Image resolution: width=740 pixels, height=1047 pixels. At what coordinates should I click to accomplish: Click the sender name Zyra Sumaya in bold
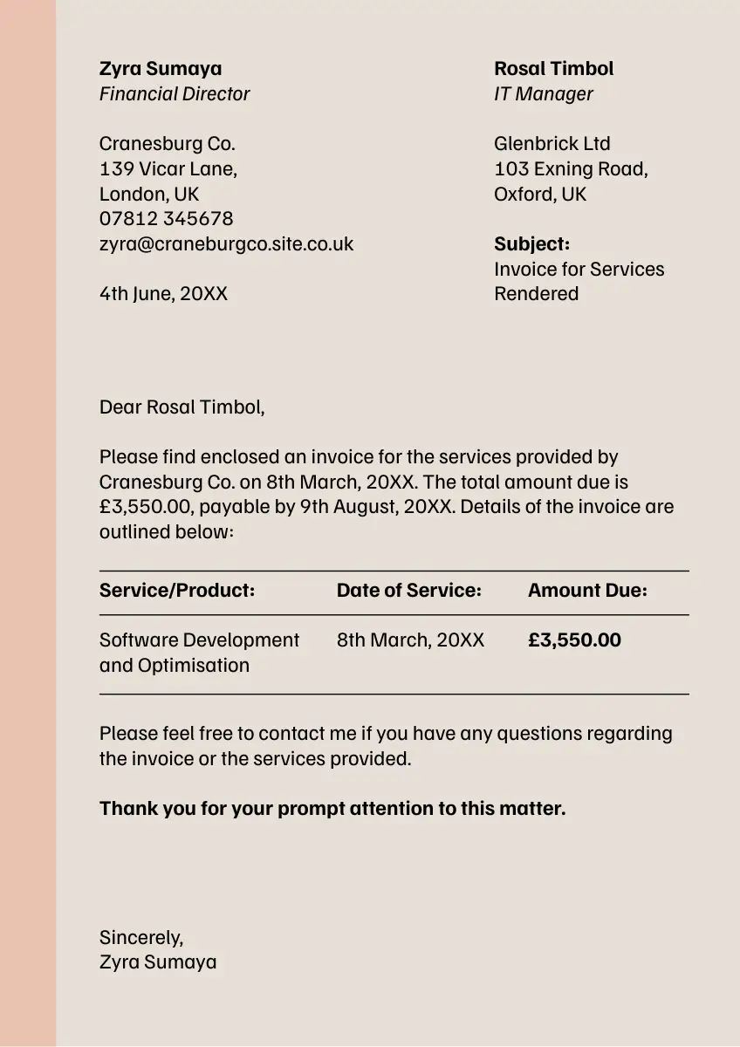161,68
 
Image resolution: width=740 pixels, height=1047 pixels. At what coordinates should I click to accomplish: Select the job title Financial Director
175,93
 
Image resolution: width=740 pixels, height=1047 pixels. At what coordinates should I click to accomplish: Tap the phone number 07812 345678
166,218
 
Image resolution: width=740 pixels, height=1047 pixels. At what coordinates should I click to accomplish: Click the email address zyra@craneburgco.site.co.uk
226,243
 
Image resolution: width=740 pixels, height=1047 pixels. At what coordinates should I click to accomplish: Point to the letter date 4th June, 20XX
163,293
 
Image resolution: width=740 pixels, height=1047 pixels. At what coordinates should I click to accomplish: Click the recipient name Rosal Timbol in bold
553,68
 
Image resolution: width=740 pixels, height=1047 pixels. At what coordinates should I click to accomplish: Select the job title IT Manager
543,93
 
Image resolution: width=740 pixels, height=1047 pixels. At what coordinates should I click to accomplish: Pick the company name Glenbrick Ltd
552,143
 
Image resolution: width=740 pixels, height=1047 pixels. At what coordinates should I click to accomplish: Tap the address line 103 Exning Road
570,168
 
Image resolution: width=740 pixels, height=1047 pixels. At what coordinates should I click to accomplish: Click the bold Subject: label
531,243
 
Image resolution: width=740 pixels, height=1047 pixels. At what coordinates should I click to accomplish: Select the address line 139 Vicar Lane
168,168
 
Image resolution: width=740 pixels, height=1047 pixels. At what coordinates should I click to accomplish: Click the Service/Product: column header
177,590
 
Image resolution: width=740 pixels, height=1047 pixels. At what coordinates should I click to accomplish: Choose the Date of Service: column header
408,590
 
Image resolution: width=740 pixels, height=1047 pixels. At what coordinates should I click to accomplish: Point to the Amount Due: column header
587,590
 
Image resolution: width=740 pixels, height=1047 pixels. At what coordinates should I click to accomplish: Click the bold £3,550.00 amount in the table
574,640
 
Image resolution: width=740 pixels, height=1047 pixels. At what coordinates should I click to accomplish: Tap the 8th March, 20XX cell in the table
410,640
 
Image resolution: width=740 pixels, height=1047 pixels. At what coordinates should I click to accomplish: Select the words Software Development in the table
199,640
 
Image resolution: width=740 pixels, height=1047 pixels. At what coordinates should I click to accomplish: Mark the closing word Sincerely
140,937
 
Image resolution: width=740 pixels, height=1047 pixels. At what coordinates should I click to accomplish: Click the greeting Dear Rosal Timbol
182,406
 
